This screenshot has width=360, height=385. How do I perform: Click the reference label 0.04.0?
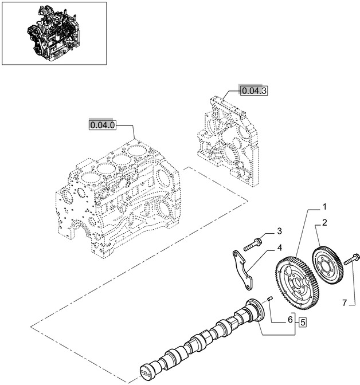pyautogui.click(x=102, y=124)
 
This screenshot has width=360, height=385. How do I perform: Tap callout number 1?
pyautogui.click(x=324, y=206)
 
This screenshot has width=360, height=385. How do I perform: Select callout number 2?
pyautogui.click(x=324, y=222)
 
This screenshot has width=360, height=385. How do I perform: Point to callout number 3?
pyautogui.click(x=279, y=231)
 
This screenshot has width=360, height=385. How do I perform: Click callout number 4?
pyautogui.click(x=279, y=248)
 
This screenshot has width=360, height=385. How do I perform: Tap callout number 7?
pyautogui.click(x=345, y=301)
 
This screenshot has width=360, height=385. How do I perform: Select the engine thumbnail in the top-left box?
pyautogui.click(x=54, y=33)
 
